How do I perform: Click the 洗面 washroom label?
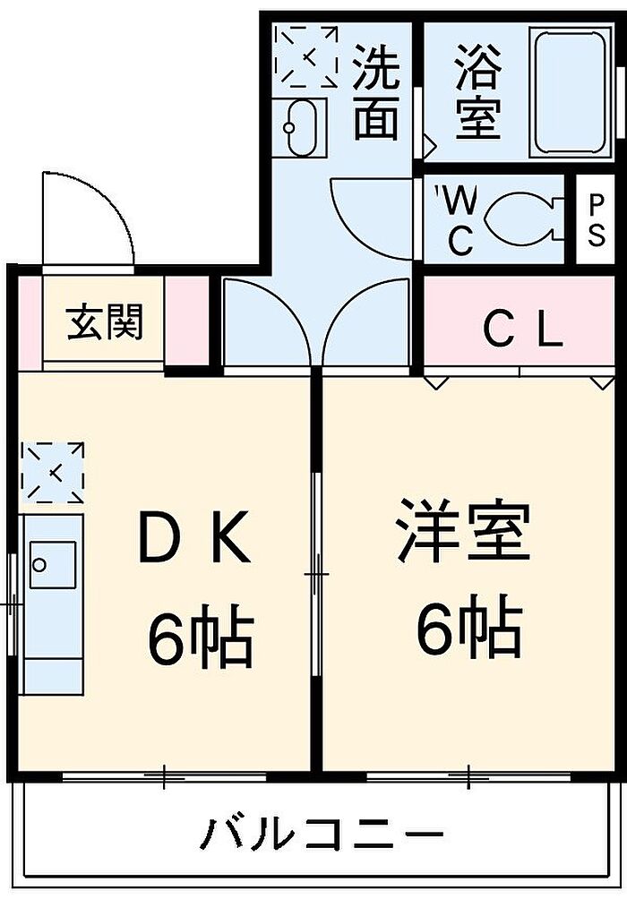tap(375, 92)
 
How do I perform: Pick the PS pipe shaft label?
tap(596, 218)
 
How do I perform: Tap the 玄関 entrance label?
tap(105, 321)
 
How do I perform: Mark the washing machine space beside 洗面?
tap(305, 56)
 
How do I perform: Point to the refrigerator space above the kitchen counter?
tap(52, 473)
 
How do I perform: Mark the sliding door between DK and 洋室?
tap(317, 573)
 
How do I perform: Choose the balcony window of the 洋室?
tap(469, 775)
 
